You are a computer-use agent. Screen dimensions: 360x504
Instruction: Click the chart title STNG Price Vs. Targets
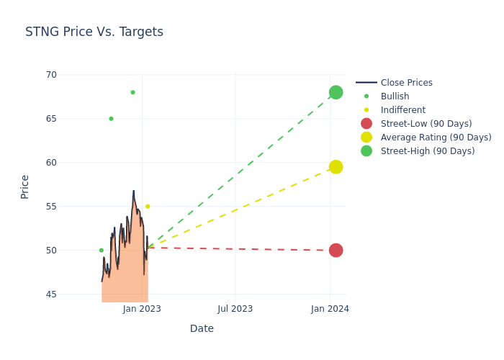94,32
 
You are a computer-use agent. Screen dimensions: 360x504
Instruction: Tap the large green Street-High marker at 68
336,92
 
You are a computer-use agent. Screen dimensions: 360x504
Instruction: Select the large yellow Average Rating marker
336,167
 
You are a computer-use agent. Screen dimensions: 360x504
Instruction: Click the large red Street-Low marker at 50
336,251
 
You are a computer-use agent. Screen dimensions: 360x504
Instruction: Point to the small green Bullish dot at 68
132,92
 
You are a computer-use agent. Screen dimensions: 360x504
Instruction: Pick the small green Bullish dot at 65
111,119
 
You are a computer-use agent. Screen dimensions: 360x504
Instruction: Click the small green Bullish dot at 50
102,251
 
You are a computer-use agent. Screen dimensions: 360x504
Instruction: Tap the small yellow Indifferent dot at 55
148,207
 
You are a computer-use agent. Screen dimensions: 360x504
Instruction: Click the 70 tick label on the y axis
50,75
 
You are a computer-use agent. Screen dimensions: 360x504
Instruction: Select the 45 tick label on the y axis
50,294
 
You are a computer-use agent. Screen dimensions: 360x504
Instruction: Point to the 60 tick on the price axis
50,163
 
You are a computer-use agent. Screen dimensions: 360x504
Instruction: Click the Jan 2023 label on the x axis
142,309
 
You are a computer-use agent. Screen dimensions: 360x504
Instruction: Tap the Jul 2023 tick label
235,309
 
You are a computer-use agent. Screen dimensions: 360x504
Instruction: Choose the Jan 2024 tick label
330,309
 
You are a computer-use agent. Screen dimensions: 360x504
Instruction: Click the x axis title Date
202,329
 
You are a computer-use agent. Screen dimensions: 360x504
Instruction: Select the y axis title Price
25,186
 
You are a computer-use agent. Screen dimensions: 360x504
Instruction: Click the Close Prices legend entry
406,83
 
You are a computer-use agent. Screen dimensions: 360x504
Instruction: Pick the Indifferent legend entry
402,110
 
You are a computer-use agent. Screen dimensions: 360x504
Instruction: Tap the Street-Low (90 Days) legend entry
426,124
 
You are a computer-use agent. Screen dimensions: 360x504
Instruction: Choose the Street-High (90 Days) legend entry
427,151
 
